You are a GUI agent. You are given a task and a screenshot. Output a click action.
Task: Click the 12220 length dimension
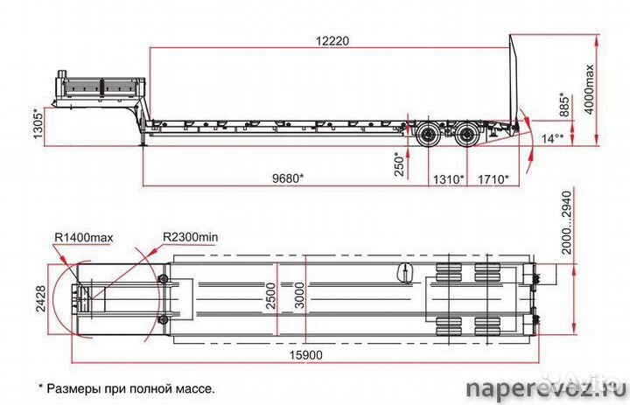pyautogui.click(x=332, y=40)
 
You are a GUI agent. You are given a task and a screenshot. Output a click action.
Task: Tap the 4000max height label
pyautogui.click(x=589, y=89)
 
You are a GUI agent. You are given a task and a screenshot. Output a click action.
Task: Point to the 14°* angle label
pyautogui.click(x=552, y=138)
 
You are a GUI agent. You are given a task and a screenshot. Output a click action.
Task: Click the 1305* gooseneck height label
pyautogui.click(x=38, y=123)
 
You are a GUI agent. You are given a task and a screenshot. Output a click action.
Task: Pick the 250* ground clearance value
pyautogui.click(x=399, y=164)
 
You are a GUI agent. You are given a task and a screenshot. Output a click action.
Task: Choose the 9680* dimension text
pyautogui.click(x=288, y=178)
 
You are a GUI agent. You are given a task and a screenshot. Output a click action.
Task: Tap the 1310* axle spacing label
pyautogui.click(x=448, y=178)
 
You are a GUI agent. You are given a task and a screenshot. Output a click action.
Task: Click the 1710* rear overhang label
pyautogui.click(x=493, y=178)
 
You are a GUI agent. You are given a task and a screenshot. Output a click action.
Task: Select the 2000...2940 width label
pyautogui.click(x=566, y=222)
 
